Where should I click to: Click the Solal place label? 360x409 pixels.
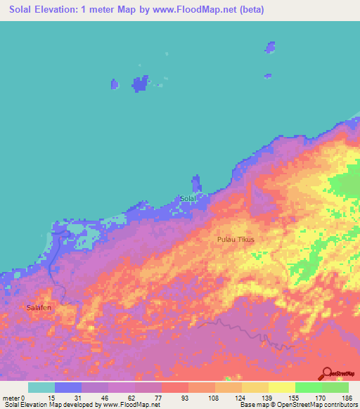[x=187, y=199]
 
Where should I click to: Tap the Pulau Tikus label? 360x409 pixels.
[x=236, y=240]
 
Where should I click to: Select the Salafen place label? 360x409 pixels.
[x=39, y=308]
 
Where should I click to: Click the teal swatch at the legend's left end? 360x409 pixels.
[x=41, y=387]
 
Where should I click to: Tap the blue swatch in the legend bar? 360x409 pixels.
[x=68, y=387]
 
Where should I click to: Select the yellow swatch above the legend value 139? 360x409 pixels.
[x=255, y=387]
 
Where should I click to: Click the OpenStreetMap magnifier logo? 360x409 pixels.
[x=326, y=373]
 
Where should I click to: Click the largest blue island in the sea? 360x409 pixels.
[x=140, y=84]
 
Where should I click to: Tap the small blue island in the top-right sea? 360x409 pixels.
[x=269, y=47]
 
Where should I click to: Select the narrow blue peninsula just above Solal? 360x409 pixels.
[x=195, y=183]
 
